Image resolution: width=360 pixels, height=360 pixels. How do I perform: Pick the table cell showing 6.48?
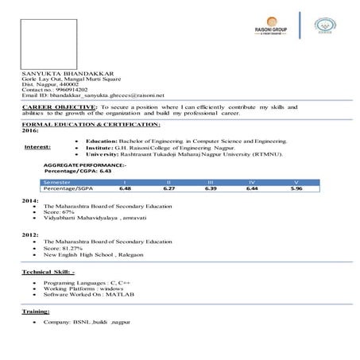coord(125,189)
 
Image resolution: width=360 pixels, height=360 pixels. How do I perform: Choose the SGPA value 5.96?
coord(296,189)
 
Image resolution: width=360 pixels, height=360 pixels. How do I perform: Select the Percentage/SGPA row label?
coord(68,189)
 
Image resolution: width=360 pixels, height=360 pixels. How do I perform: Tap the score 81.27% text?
coord(74,248)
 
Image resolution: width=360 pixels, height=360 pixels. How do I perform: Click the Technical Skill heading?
coord(48,273)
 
